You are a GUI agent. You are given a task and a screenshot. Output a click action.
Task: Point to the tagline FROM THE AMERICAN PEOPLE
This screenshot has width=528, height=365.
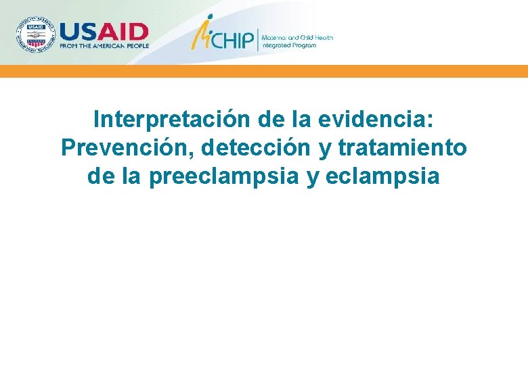(104, 46)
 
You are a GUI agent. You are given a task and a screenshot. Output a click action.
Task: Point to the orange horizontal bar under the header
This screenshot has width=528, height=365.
(264, 71)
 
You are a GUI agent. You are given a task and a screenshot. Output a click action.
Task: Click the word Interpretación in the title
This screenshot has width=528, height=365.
(173, 120)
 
